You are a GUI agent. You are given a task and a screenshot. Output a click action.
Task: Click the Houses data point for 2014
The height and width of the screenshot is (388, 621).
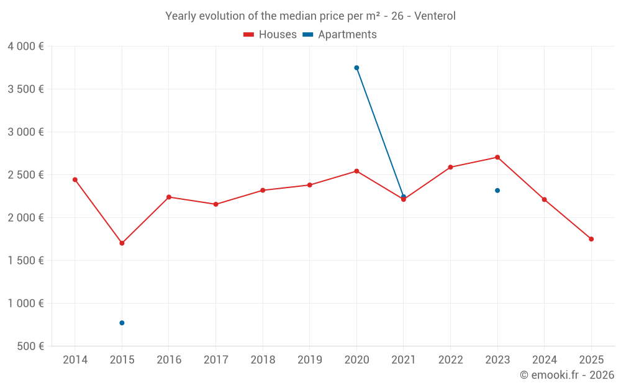75,179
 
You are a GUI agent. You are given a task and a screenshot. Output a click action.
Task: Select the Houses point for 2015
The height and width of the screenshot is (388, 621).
122,243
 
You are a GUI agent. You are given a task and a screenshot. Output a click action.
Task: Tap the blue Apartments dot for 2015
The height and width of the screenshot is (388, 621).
122,323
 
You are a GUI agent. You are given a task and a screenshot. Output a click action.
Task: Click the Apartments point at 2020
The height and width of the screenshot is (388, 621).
356,68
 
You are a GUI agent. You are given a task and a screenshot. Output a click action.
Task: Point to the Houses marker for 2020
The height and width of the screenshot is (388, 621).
356,171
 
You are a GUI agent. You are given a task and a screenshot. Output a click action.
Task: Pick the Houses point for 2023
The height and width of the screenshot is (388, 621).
497,157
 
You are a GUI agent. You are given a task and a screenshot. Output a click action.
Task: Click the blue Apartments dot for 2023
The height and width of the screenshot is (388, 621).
497,191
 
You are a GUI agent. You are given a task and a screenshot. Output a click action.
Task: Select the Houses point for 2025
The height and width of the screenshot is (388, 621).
591,239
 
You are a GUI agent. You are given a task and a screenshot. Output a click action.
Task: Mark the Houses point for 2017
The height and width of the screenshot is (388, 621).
215,204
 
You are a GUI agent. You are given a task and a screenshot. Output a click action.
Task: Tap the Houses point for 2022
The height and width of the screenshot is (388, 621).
450,167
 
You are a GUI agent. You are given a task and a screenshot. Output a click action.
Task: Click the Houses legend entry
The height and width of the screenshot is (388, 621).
270,35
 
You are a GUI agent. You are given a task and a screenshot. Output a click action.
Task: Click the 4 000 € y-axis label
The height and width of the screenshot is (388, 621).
25,47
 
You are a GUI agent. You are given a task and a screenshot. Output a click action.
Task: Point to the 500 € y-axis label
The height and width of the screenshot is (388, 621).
29,346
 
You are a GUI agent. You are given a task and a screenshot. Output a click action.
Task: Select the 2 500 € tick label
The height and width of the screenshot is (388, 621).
25,175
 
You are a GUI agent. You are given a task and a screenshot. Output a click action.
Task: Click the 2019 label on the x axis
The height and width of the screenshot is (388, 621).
309,360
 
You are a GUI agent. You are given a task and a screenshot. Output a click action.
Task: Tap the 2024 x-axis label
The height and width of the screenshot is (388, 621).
544,360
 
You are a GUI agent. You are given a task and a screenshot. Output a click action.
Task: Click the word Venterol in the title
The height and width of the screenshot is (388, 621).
435,16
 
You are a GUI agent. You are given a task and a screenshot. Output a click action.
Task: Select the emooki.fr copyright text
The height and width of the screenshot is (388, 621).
566,375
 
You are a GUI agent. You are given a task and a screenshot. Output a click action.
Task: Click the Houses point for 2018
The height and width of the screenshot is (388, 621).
263,190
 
